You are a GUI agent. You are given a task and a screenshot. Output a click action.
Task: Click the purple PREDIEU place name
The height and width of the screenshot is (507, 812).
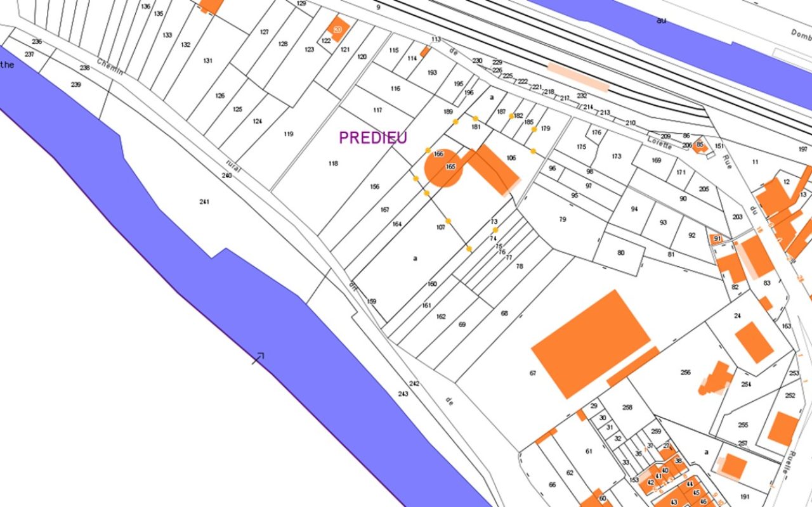[372, 138]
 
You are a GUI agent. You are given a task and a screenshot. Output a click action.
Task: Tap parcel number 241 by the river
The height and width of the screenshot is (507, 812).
[204, 202]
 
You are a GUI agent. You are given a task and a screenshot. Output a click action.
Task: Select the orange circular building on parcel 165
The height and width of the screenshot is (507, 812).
[442, 168]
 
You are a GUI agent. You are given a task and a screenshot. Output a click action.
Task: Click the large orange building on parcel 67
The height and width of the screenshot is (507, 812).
[590, 343]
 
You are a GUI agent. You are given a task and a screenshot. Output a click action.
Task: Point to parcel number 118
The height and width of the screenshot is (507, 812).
[333, 164]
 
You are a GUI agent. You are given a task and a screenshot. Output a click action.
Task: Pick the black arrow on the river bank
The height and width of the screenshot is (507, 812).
[258, 358]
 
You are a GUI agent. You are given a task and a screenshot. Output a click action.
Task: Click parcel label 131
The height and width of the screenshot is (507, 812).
[207, 61]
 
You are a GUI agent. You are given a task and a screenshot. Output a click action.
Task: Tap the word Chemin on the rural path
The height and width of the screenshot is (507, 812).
[110, 68]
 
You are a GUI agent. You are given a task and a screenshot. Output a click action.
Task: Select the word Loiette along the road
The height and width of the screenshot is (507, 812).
[659, 143]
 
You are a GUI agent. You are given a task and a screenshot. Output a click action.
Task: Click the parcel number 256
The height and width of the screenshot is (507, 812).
[685, 373]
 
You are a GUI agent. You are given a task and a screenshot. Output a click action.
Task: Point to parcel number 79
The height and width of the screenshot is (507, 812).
[562, 219]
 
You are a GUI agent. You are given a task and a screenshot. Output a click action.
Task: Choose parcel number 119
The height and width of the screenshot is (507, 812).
[289, 134]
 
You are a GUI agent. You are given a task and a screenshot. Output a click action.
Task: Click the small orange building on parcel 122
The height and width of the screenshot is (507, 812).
[337, 29]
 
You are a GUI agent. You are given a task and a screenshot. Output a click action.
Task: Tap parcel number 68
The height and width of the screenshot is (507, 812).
[504, 313]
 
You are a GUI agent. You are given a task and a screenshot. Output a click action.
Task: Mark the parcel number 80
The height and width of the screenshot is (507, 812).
[620, 253]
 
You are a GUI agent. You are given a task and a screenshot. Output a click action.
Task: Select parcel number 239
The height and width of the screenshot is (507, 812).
[76, 85]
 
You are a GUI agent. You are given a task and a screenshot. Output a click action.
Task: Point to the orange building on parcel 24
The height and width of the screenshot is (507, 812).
[754, 342]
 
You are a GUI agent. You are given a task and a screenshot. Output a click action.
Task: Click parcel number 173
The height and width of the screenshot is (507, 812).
[617, 156]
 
